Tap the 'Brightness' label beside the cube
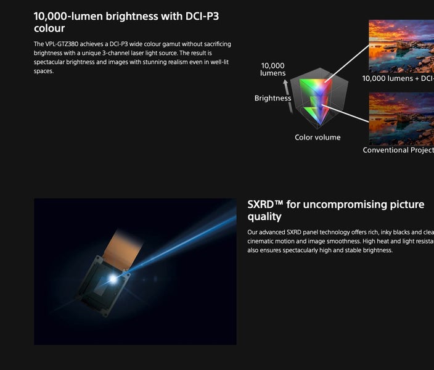(272, 98)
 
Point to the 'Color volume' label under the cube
(317, 138)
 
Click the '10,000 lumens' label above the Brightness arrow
(272, 70)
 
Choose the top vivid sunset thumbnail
(401, 46)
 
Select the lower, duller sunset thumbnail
(401, 118)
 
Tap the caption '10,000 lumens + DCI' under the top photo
(398, 78)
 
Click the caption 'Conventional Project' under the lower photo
(398, 150)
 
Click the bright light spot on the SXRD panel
(113, 279)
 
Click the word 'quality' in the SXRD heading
(264, 217)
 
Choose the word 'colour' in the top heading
(49, 28)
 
